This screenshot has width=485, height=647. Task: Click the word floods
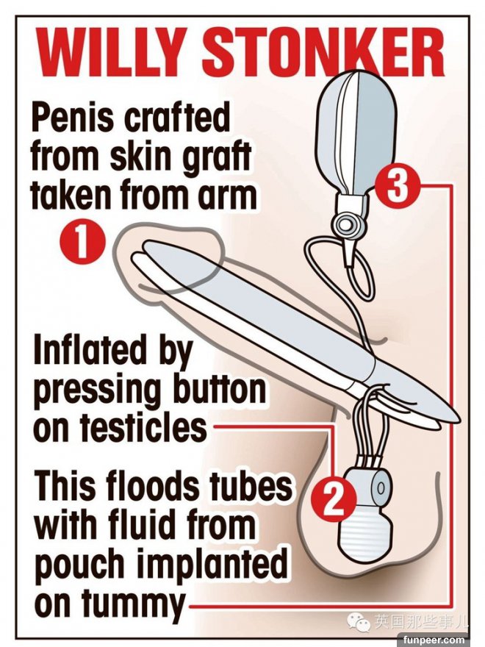coord(154,486)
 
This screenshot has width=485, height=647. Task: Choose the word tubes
coord(251,487)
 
